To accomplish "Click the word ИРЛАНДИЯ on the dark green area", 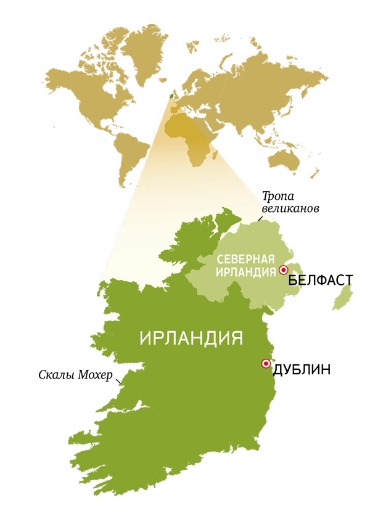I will [191, 338].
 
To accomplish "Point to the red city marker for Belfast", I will [283, 269].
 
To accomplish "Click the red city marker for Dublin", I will [266, 363].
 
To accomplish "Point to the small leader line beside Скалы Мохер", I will [120, 381].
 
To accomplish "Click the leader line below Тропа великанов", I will [260, 219].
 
